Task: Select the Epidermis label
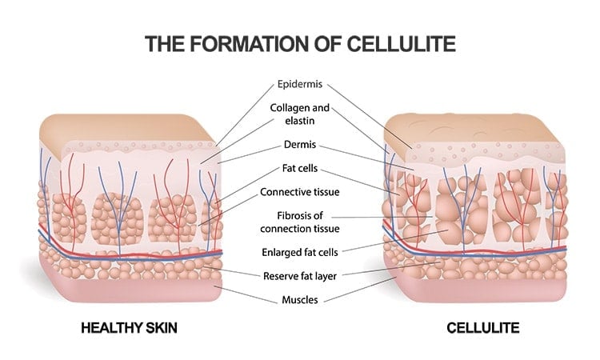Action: pos(301,83)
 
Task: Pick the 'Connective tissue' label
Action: pos(301,192)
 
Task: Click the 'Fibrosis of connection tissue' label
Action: pos(301,222)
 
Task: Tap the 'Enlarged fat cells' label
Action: pos(301,252)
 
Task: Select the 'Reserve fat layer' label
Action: pos(301,277)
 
